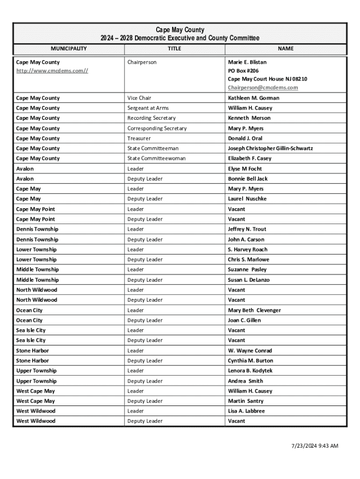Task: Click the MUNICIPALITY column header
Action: coord(69,49)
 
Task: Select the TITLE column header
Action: coord(174,49)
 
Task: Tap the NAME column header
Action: coord(286,49)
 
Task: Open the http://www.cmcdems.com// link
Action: coord(52,71)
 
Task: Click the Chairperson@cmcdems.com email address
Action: coord(263,87)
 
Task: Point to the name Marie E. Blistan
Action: coord(247,62)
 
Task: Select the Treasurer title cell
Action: coord(139,138)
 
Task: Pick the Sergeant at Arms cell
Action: coord(148,108)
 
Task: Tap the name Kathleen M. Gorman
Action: coord(253,98)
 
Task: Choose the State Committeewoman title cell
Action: coord(156,159)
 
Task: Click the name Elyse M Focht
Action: coord(245,169)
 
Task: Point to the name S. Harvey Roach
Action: coord(248,250)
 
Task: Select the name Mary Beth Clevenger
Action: coord(254,310)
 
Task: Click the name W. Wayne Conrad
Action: coord(250,351)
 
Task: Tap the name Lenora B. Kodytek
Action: coord(250,371)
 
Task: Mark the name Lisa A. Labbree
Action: coord(246,411)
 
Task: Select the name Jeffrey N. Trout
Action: coord(247,229)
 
